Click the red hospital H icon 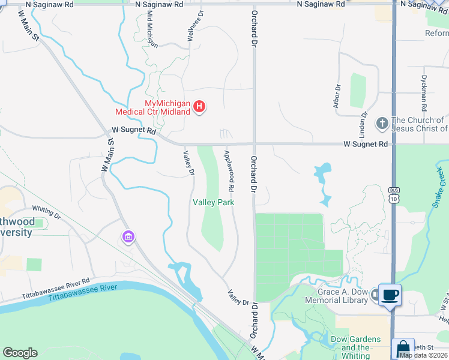tap(200, 107)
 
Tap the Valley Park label tap(213, 203)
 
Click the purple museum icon tap(128, 238)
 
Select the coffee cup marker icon tap(390, 295)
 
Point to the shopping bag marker tap(403, 349)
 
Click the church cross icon tap(382, 124)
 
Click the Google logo tap(20, 353)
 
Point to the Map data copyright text tap(423, 355)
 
